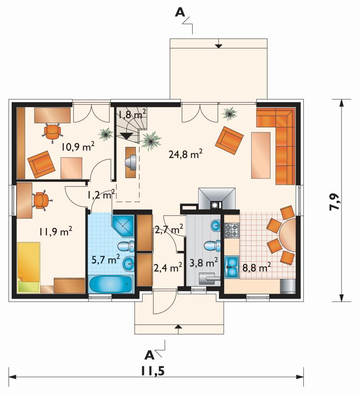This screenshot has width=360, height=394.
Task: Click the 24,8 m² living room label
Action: (185, 154)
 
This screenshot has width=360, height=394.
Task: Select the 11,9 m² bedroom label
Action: (55, 231)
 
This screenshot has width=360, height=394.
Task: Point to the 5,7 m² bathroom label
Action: (105, 260)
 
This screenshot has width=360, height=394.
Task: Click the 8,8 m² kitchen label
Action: (256, 267)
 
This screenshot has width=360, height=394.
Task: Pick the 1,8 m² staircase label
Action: (132, 114)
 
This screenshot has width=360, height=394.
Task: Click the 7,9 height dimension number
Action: (335, 202)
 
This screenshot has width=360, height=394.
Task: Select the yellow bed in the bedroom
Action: (29, 267)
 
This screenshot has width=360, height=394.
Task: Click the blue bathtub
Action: (111, 284)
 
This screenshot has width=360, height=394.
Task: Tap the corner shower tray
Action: (122, 226)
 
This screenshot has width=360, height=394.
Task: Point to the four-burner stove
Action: (231, 231)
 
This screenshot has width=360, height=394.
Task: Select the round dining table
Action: (288, 235)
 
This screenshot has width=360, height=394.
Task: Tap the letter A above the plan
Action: (180, 12)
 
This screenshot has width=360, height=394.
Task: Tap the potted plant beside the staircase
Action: (150, 141)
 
